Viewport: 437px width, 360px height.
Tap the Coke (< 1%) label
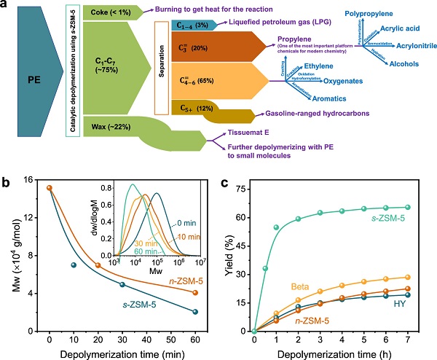[107, 12]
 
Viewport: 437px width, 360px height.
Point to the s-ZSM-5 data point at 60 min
[195, 312]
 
